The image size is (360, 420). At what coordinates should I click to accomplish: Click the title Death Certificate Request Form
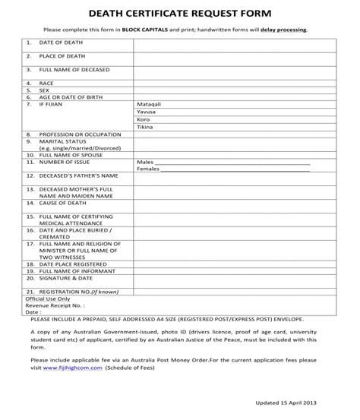[180, 13]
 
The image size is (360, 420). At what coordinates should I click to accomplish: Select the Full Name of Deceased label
[74, 69]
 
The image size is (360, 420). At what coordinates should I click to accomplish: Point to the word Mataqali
[149, 103]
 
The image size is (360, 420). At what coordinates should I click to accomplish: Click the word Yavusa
[147, 111]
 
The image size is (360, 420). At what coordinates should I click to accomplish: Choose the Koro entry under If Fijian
[143, 119]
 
